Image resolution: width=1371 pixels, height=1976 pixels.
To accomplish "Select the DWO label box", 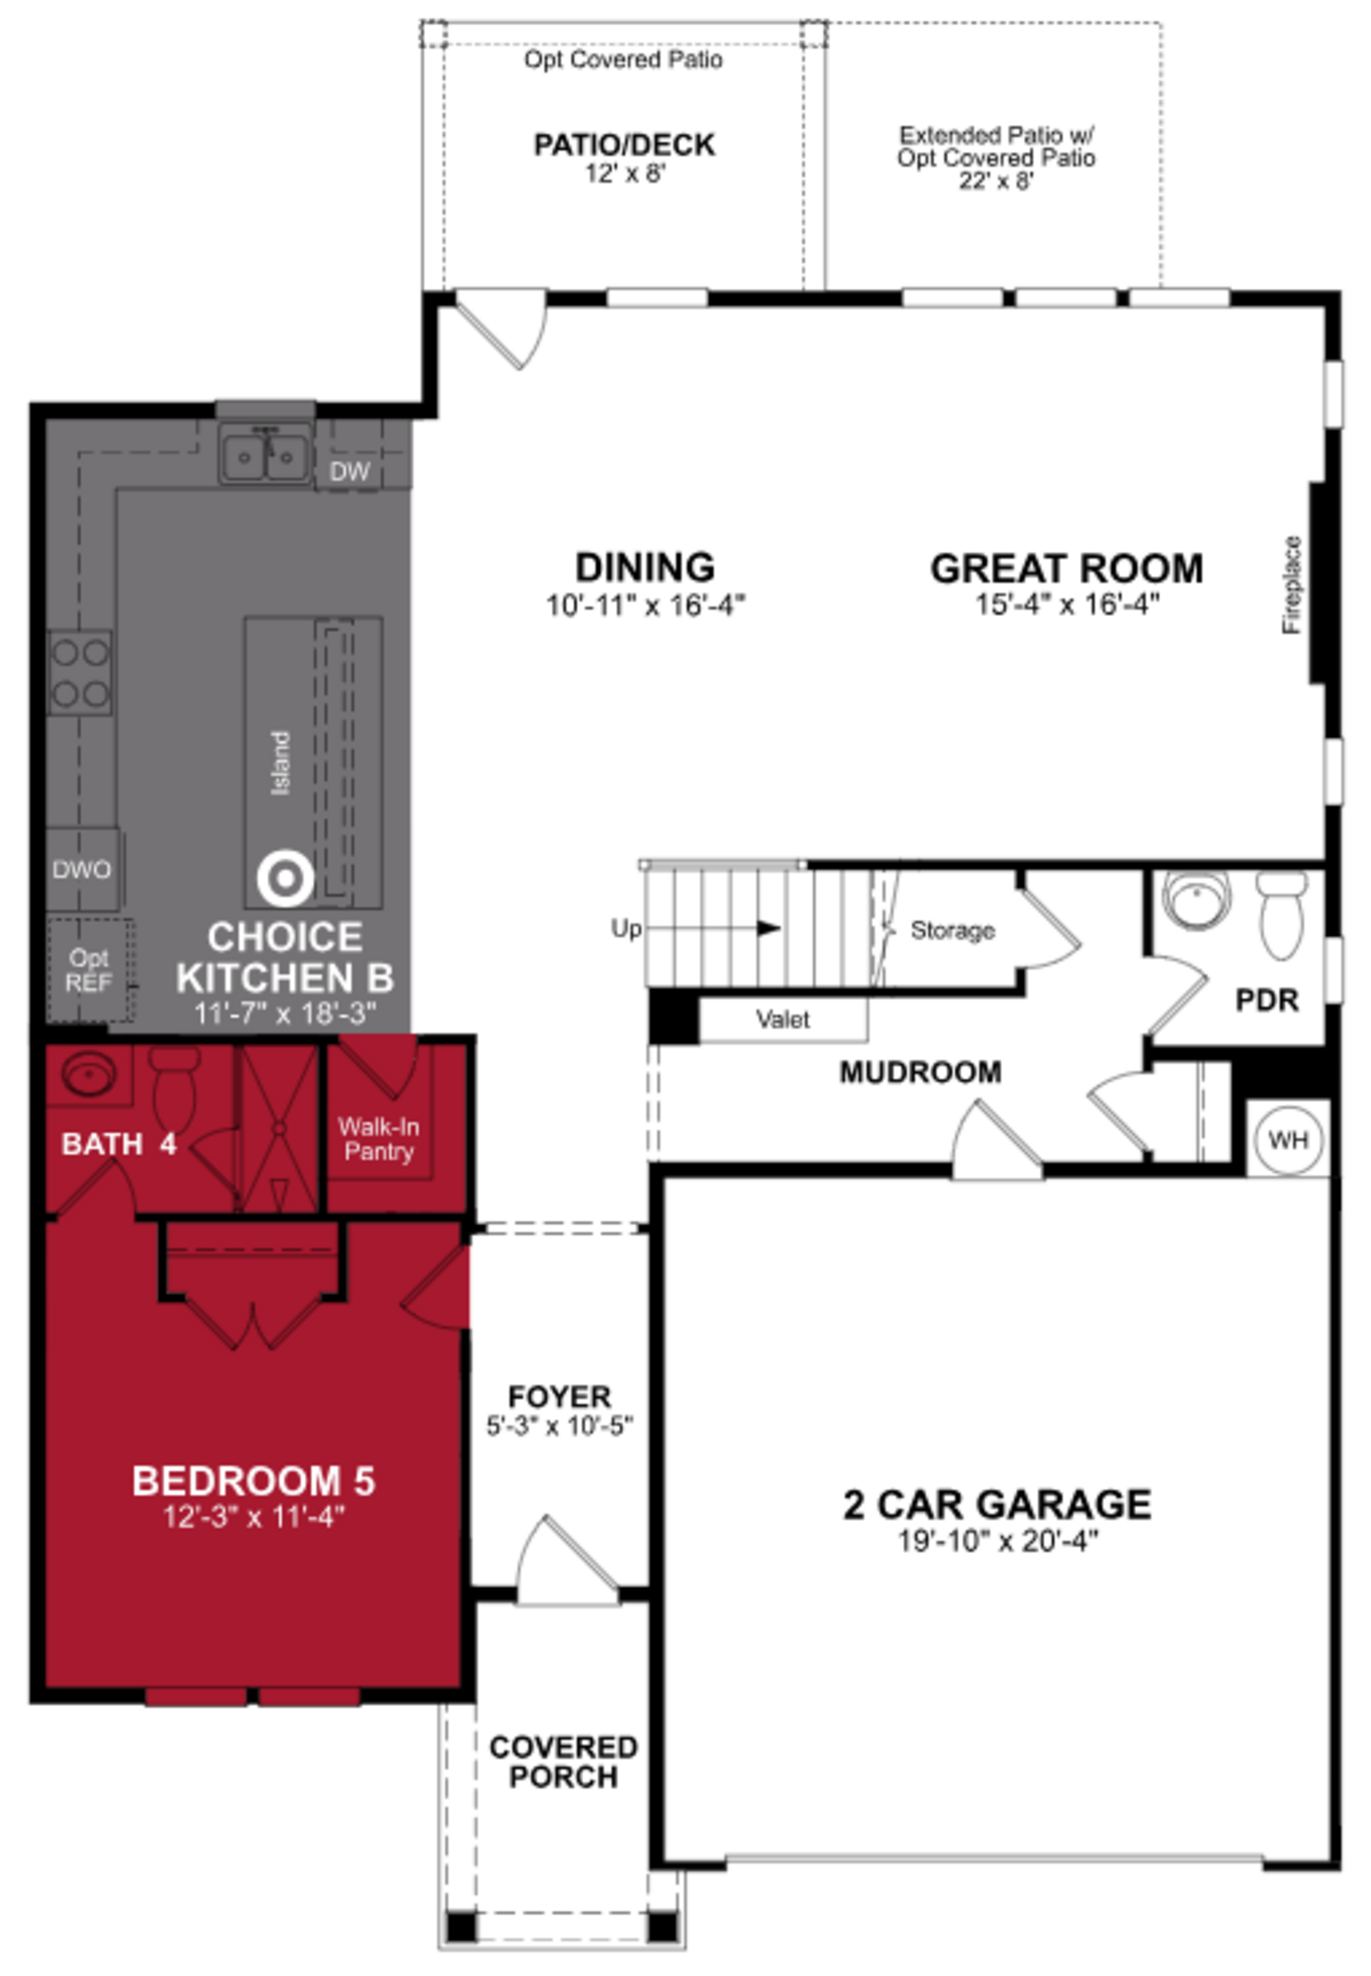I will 82,870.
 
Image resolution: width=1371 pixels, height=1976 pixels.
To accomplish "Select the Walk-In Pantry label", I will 379,1139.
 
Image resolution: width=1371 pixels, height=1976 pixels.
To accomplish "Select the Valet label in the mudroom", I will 783,1019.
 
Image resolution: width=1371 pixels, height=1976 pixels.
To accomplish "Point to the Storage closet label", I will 952,930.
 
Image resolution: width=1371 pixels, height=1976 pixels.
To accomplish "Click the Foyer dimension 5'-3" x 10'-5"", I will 559,1426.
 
